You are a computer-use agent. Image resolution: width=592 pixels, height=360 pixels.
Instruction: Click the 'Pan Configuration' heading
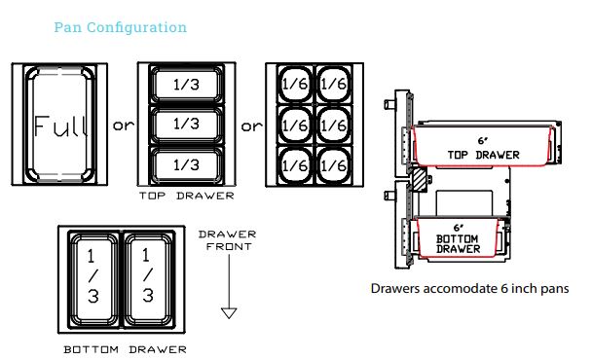[121, 27]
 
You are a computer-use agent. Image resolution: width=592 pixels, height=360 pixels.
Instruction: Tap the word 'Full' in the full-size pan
[60, 126]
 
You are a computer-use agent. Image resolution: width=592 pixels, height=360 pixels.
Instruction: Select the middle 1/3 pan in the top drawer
[187, 125]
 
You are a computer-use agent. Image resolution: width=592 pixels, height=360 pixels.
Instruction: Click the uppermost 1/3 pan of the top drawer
[187, 85]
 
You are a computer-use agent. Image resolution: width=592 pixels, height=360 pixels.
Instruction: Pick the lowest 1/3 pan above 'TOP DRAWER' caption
[187, 164]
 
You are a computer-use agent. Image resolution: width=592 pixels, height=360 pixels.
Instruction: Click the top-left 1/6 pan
[295, 84]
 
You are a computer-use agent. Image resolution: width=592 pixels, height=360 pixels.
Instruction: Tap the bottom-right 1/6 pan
[333, 165]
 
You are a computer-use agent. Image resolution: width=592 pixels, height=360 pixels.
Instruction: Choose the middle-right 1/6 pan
[333, 125]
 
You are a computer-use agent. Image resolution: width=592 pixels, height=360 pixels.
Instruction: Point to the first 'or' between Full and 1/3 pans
[123, 126]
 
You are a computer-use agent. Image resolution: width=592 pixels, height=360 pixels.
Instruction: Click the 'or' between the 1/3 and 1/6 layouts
[251, 126]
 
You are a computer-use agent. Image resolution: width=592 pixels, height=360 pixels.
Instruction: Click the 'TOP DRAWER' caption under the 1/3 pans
[187, 196]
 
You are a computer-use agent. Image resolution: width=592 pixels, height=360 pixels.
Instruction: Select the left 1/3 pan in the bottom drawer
[93, 280]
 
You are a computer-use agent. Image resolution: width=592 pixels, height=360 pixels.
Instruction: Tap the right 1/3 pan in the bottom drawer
[149, 280]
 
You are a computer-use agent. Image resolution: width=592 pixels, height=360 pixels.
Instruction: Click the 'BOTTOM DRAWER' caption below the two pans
[125, 350]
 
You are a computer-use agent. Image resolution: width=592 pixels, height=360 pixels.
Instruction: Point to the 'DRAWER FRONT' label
[228, 240]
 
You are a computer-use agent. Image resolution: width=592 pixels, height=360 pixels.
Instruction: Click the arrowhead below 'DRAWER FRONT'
[229, 313]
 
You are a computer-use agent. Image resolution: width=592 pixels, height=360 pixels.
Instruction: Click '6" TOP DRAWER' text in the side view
[483, 149]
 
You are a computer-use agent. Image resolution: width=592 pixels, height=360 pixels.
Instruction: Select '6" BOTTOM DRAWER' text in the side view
[458, 239]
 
